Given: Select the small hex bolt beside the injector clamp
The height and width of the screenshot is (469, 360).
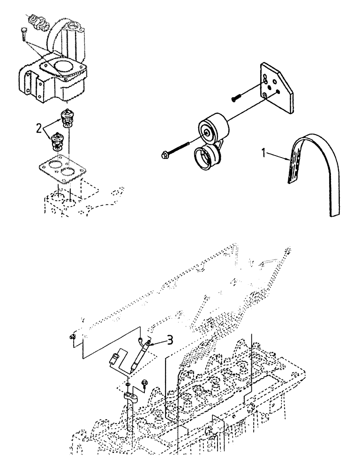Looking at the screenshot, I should (144, 388).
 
